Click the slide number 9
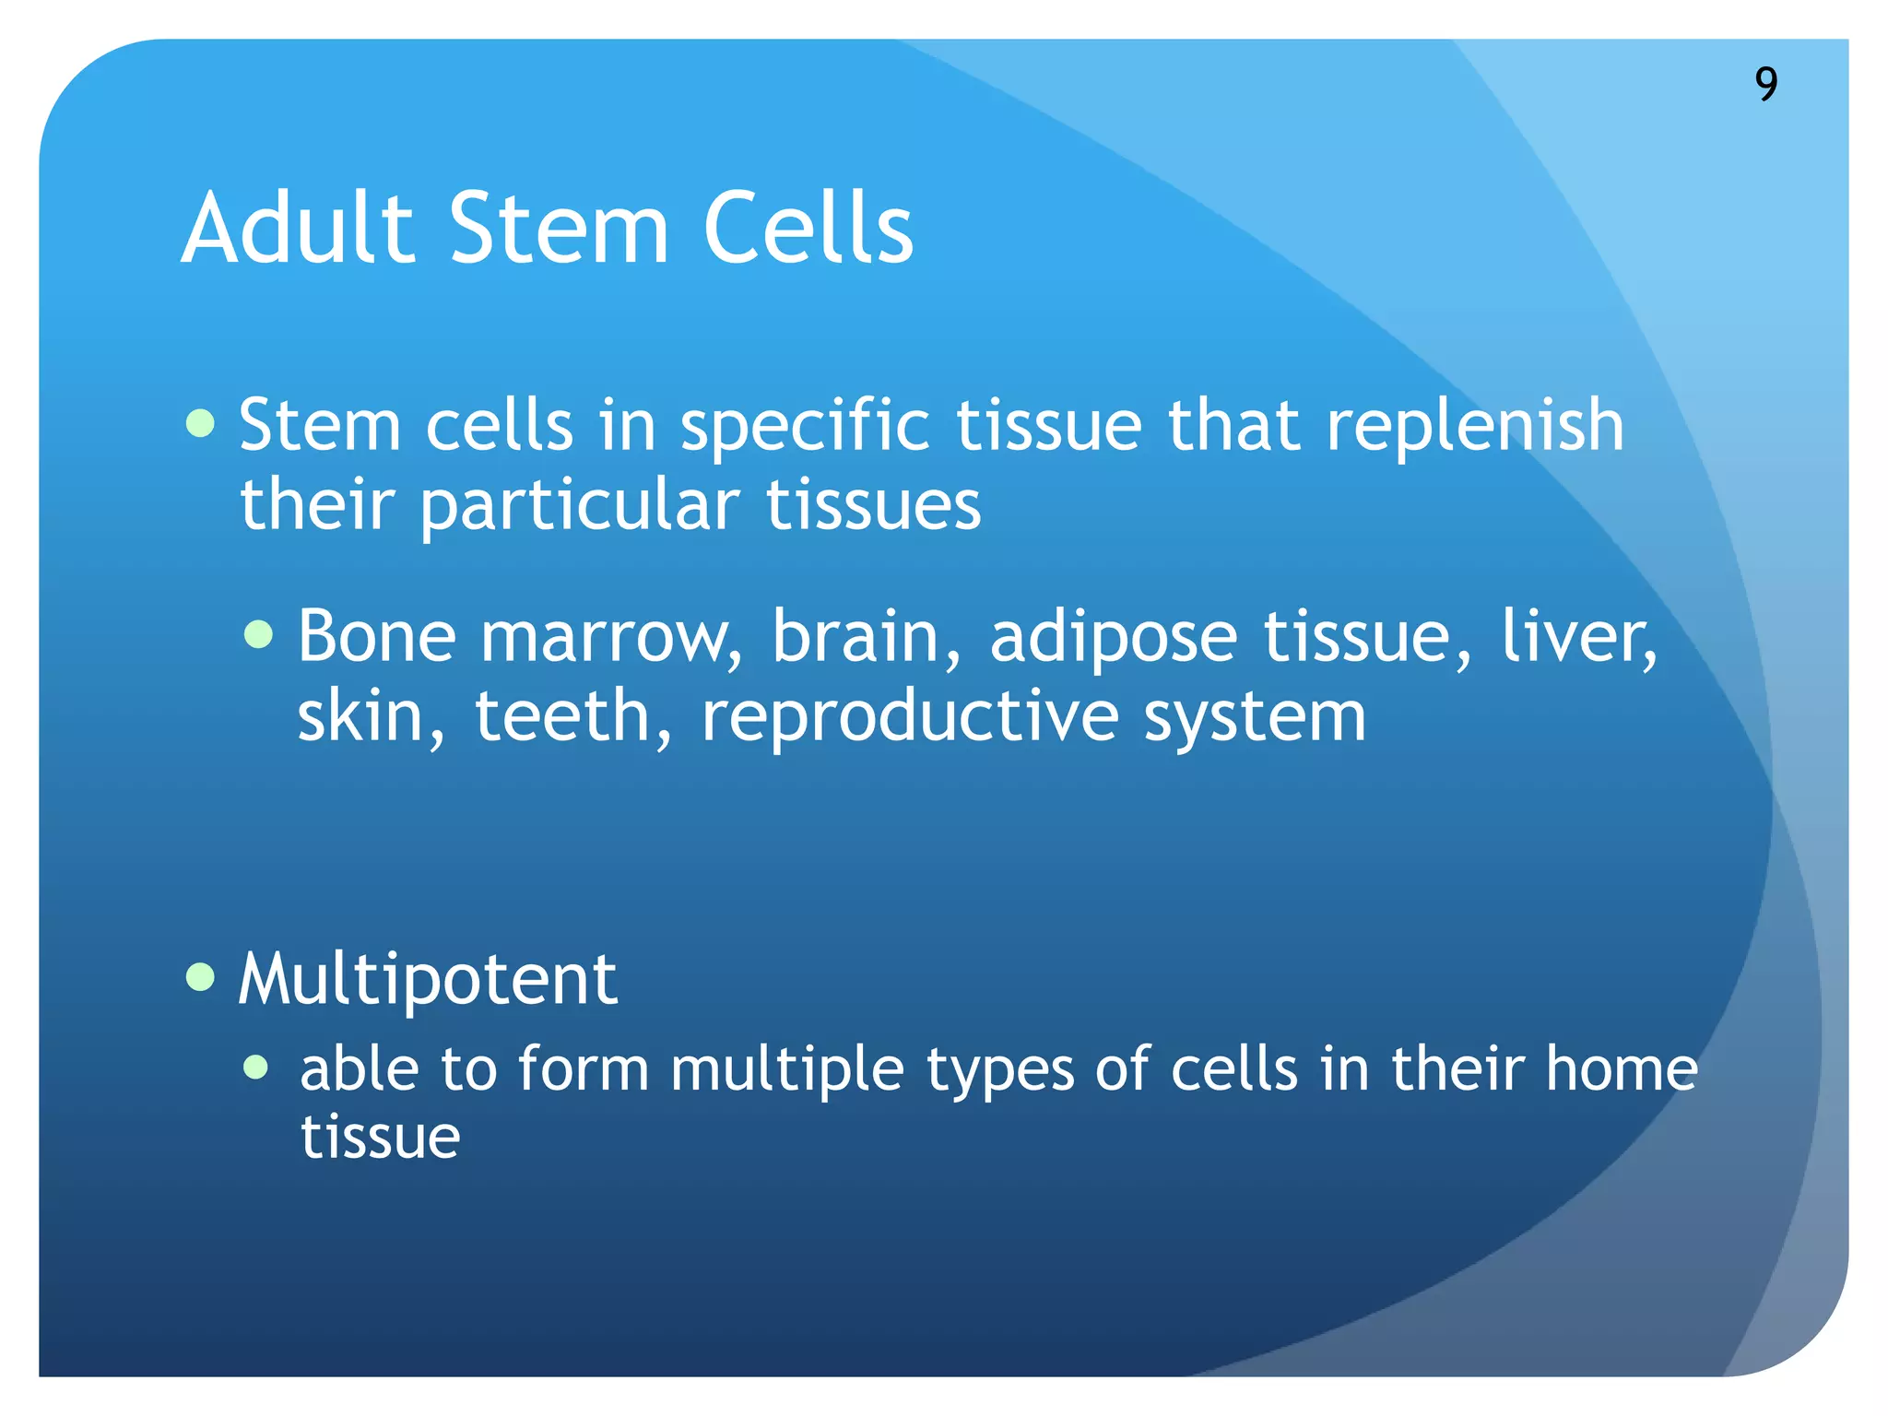1765,84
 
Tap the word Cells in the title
808,228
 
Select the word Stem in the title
559,228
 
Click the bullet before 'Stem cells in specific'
200,424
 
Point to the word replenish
1474,426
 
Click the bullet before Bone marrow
259,634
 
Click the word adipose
1113,638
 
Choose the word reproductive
910,718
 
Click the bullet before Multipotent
200,976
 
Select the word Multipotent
428,979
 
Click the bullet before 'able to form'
256,1068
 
